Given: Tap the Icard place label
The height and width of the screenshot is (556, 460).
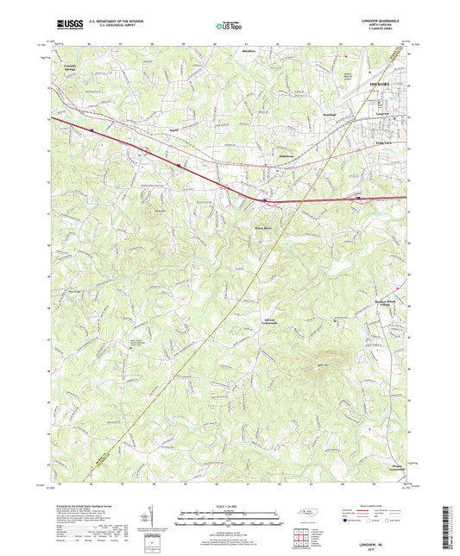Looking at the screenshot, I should [174, 129].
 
